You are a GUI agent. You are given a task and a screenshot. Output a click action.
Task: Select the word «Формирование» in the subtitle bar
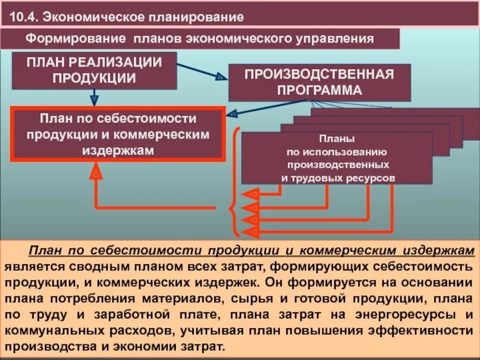(73, 39)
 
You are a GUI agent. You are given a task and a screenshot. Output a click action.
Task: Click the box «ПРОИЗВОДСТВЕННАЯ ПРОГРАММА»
(319, 82)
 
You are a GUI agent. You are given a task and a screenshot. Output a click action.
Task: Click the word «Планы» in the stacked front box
(336, 139)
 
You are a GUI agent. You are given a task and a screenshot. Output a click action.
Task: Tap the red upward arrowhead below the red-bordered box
(96, 173)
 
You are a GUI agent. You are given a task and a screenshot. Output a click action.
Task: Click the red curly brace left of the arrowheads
(232, 207)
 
